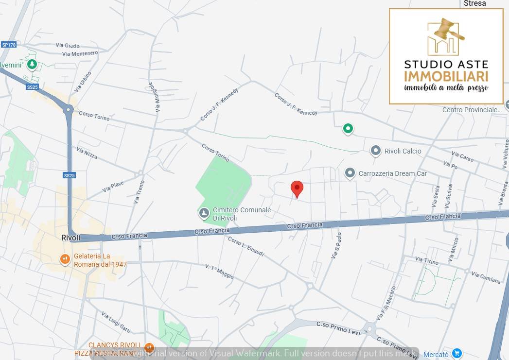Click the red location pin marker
tap(297, 188)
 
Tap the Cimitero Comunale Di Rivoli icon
tap(204, 213)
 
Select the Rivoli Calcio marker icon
tap(375, 151)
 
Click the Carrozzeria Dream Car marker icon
tap(350, 173)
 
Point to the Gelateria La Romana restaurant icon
tap(65, 259)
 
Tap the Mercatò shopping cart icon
tap(456, 354)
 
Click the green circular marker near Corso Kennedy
tap(348, 129)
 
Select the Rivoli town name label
tap(70, 238)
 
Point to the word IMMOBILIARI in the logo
tap(446, 76)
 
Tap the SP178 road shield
tap(9, 45)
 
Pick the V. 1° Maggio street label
tap(219, 272)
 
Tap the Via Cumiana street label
tap(486, 277)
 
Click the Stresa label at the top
tap(474, 3)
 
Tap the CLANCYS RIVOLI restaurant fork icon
tap(149, 348)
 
